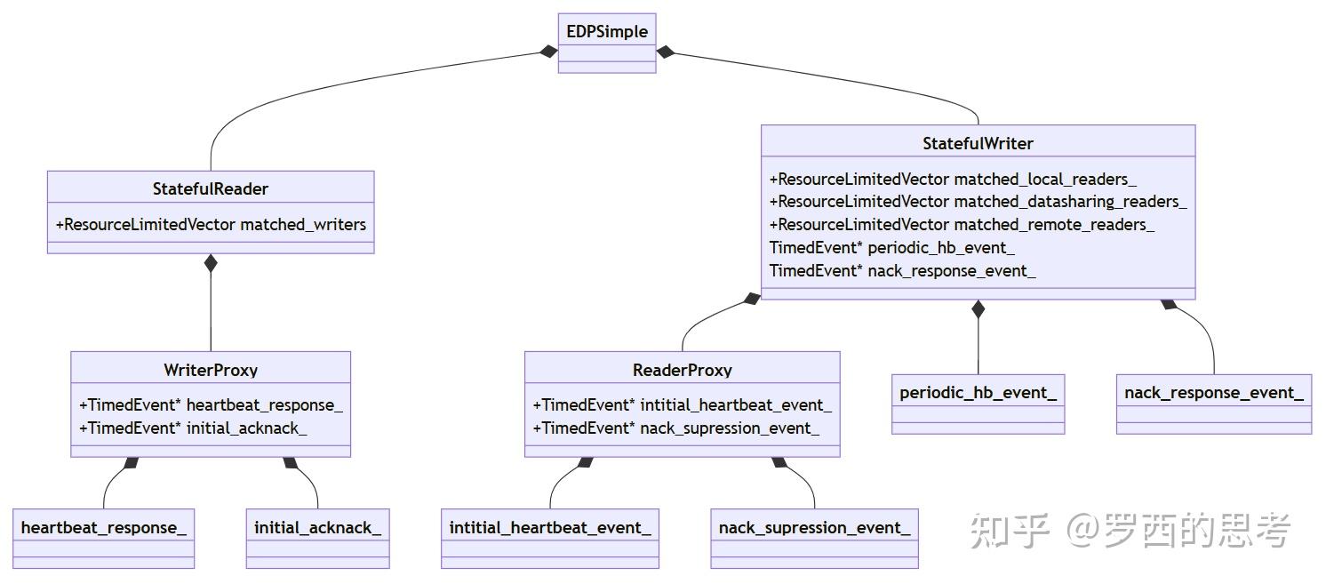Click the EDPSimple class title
tap(607, 31)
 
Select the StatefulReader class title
tap(210, 189)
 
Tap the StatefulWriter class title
tap(978, 143)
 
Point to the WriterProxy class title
tap(211, 370)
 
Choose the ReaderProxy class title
tap(682, 370)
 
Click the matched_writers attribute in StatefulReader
tap(211, 225)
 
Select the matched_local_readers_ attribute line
tap(953, 179)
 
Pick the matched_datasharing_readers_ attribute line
tap(978, 202)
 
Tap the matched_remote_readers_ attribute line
tap(962, 225)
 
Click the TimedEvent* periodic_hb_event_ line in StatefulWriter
tap(891, 248)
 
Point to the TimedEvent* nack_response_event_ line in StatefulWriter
tap(902, 271)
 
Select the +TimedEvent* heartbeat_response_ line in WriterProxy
tap(211, 405)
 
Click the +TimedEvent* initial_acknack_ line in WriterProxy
tap(193, 428)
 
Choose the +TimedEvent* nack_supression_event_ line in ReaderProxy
tap(676, 428)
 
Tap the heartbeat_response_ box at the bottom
tap(104, 539)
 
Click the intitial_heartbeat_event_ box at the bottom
tap(550, 539)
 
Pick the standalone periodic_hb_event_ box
tap(978, 404)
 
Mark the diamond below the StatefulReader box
tap(211, 264)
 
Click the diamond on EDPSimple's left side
tap(548, 52)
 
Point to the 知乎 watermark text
tap(1009, 530)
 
